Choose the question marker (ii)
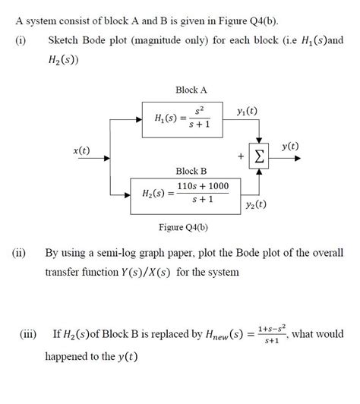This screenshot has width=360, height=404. [x=20, y=252]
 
